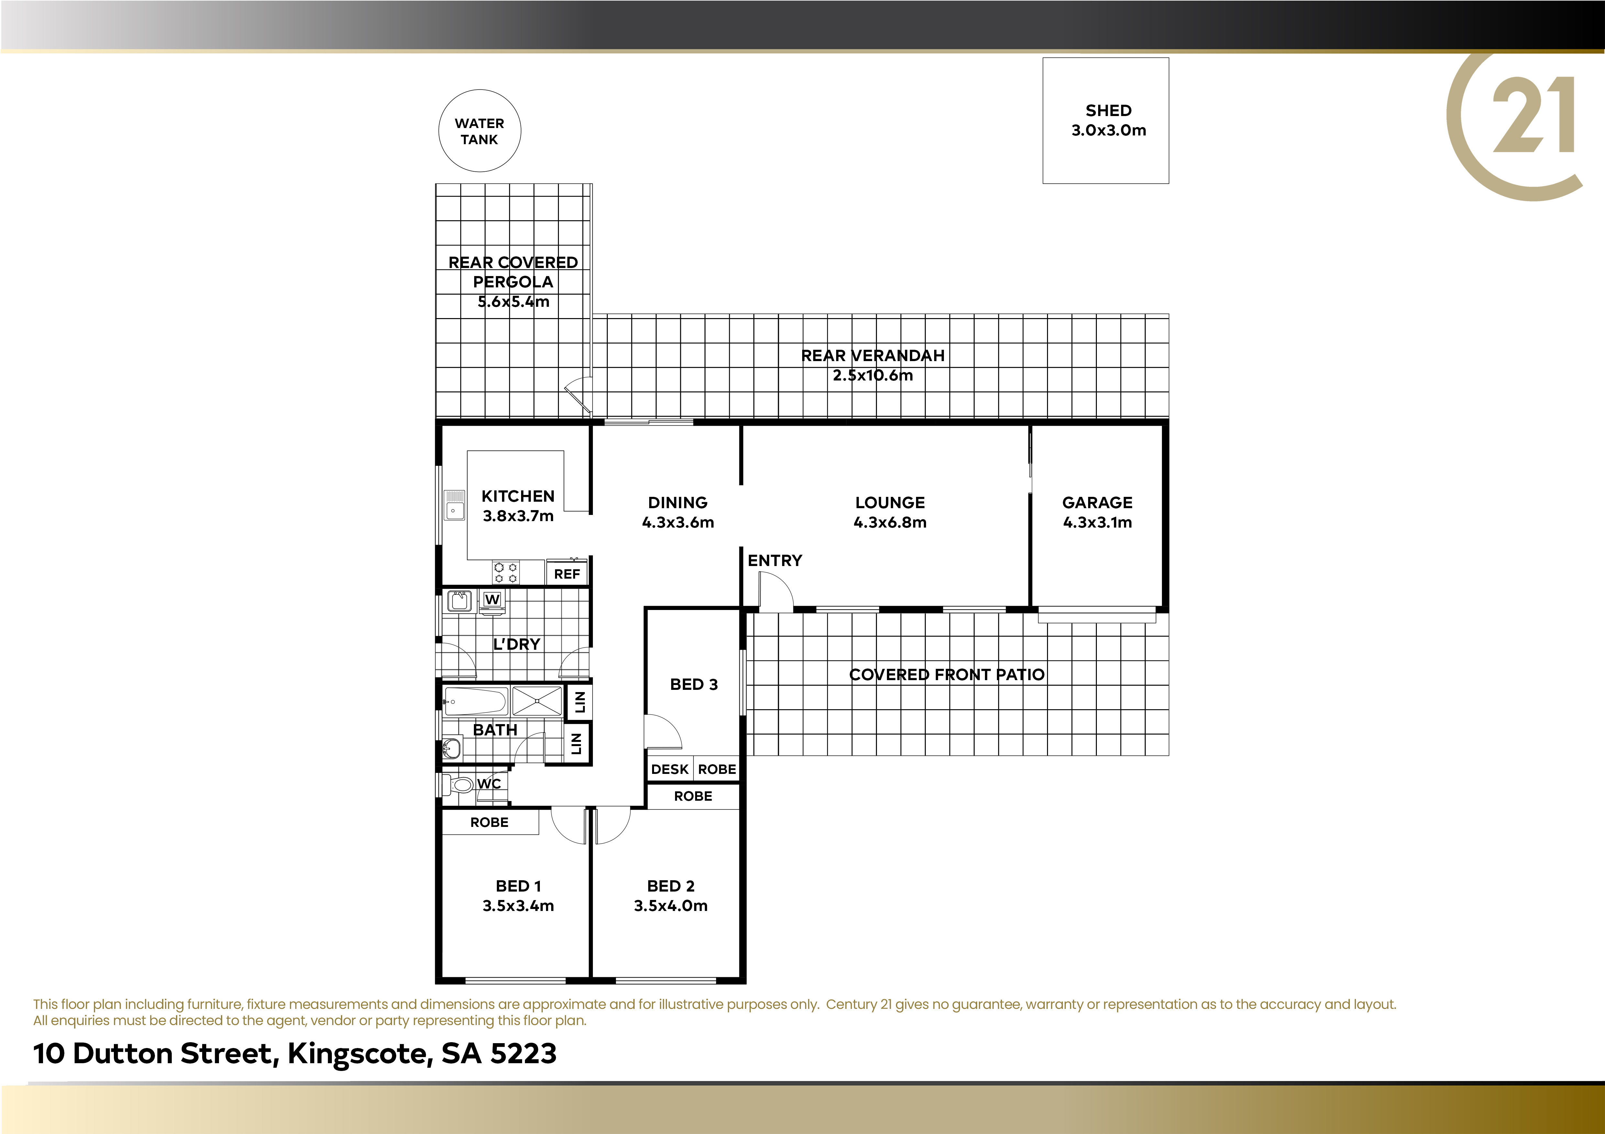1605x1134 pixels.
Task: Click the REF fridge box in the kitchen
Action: [567, 573]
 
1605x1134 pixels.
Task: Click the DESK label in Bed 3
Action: [670, 769]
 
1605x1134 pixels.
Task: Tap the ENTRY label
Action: [775, 560]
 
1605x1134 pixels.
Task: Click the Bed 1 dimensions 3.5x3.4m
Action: [518, 905]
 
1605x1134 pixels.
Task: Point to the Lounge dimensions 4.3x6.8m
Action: [890, 522]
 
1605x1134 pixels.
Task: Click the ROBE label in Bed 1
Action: [489, 822]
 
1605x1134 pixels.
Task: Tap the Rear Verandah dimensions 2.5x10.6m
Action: [872, 375]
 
